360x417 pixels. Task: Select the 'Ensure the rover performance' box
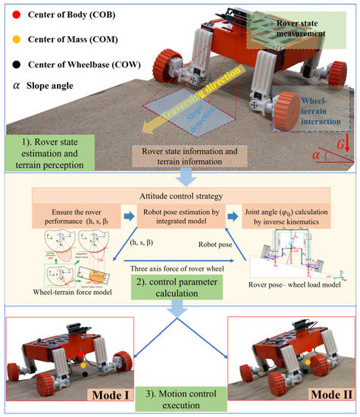point(77,216)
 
